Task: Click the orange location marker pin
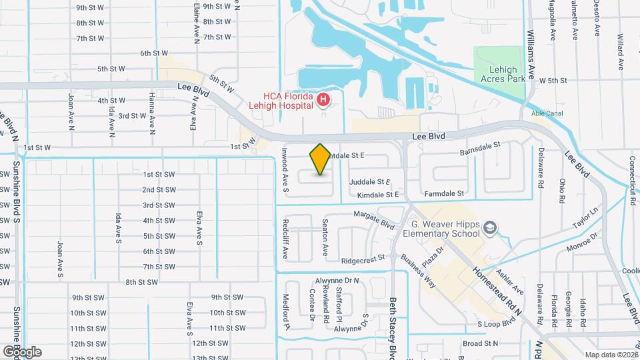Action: [320, 159]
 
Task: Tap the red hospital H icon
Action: [323, 101]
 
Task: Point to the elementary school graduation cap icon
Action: [491, 229]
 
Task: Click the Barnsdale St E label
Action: [485, 153]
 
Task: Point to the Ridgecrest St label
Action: [363, 259]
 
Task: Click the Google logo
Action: [21, 351]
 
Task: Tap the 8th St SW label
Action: [142, 282]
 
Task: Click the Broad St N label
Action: [481, 343]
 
